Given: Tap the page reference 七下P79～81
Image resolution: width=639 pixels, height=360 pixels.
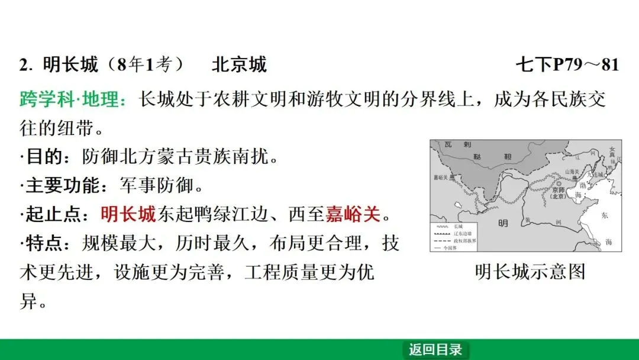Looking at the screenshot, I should [567, 65].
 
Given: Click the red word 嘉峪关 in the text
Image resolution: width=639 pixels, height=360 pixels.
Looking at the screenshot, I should [353, 214].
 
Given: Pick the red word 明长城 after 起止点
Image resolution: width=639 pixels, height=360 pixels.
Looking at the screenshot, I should [128, 214].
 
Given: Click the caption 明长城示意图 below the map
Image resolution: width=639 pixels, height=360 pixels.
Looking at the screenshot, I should [530, 272].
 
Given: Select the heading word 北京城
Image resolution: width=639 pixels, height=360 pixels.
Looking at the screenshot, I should [239, 65].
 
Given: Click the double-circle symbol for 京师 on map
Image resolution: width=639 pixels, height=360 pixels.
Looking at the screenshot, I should [559, 184].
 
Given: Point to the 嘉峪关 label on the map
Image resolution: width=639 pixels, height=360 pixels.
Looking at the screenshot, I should [440, 176].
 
